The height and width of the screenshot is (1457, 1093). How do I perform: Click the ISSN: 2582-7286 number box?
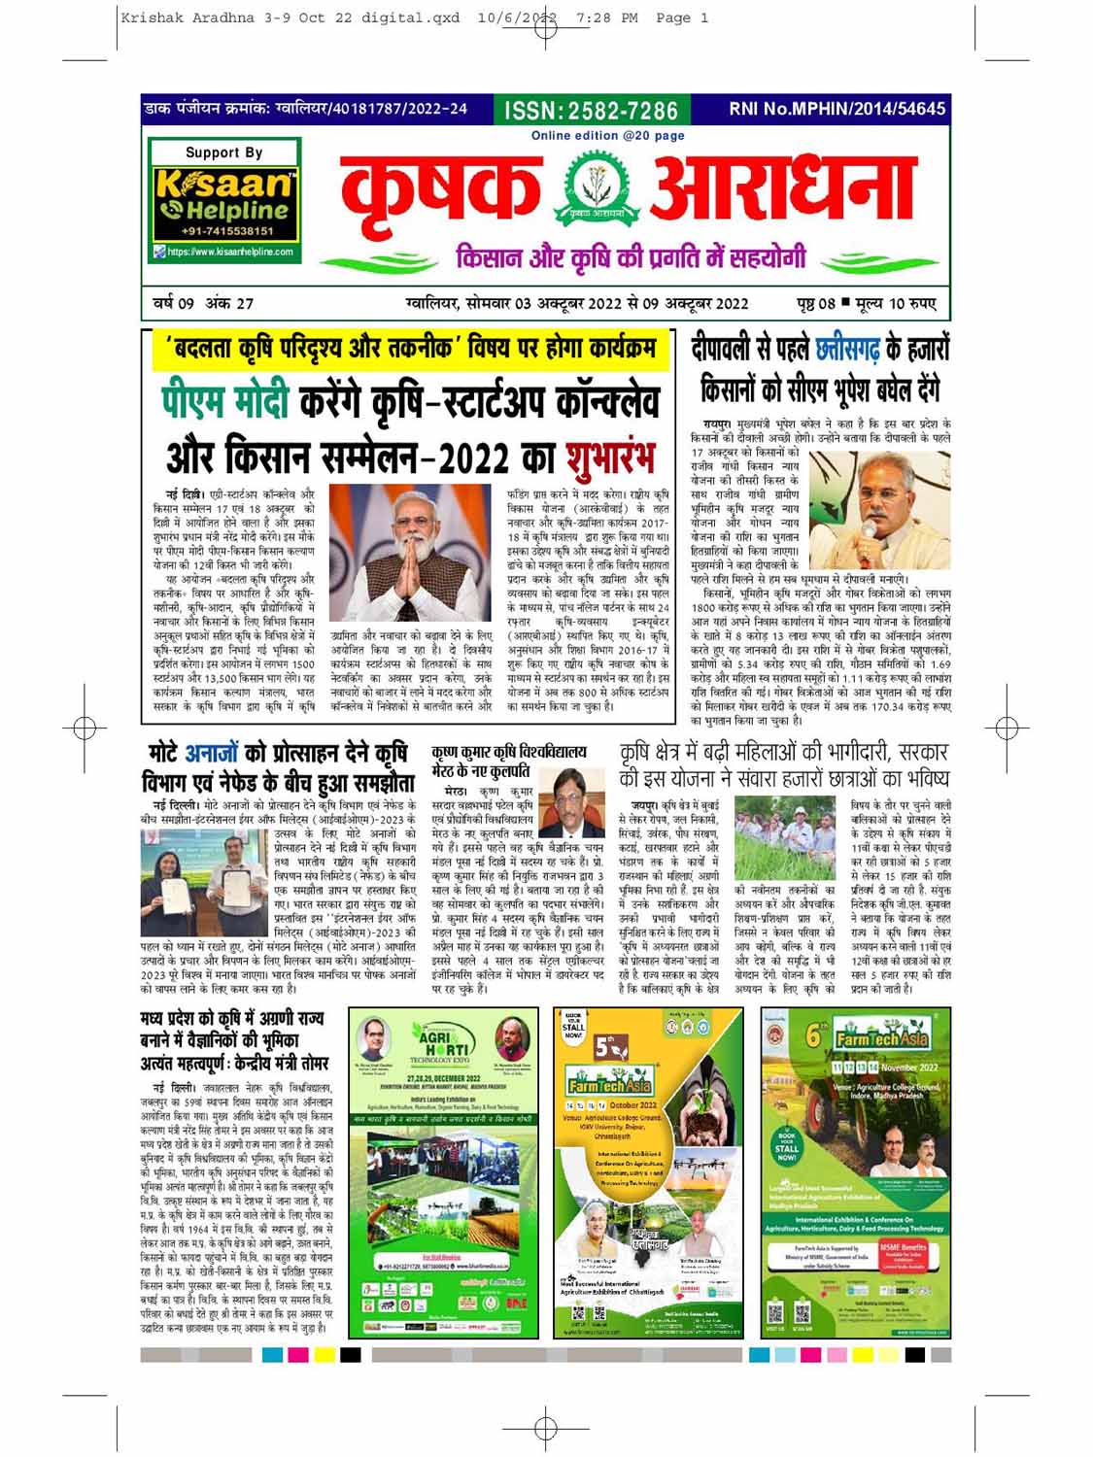[591, 110]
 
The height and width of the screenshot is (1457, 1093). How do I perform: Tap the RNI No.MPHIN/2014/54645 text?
[837, 109]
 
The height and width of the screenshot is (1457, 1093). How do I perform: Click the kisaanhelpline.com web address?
[230, 252]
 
